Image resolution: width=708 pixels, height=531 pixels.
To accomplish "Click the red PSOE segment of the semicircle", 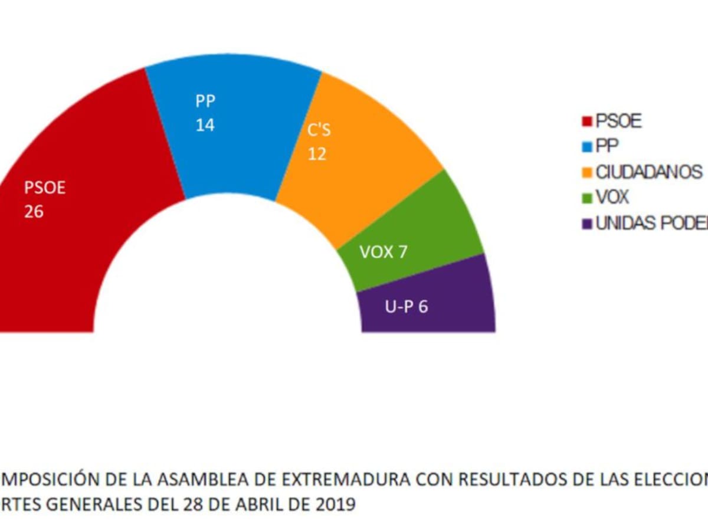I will tap(88, 177).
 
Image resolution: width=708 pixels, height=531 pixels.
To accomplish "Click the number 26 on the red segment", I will tap(34, 211).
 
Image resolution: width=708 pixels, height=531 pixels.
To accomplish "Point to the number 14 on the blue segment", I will tap(205, 126).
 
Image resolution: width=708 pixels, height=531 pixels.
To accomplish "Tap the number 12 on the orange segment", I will tap(316, 153).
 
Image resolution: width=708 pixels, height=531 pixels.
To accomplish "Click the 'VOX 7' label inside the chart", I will tap(383, 252).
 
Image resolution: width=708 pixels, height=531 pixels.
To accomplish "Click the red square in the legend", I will tap(587, 122).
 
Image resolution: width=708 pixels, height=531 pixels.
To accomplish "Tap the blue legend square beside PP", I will tap(587, 147).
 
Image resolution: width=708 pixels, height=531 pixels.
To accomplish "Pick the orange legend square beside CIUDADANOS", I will tap(587, 173).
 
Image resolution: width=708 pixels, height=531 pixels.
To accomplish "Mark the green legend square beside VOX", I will tap(587, 198).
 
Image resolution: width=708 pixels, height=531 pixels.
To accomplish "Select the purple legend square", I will tap(587, 224).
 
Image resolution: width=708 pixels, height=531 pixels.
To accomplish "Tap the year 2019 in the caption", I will tap(335, 506).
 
